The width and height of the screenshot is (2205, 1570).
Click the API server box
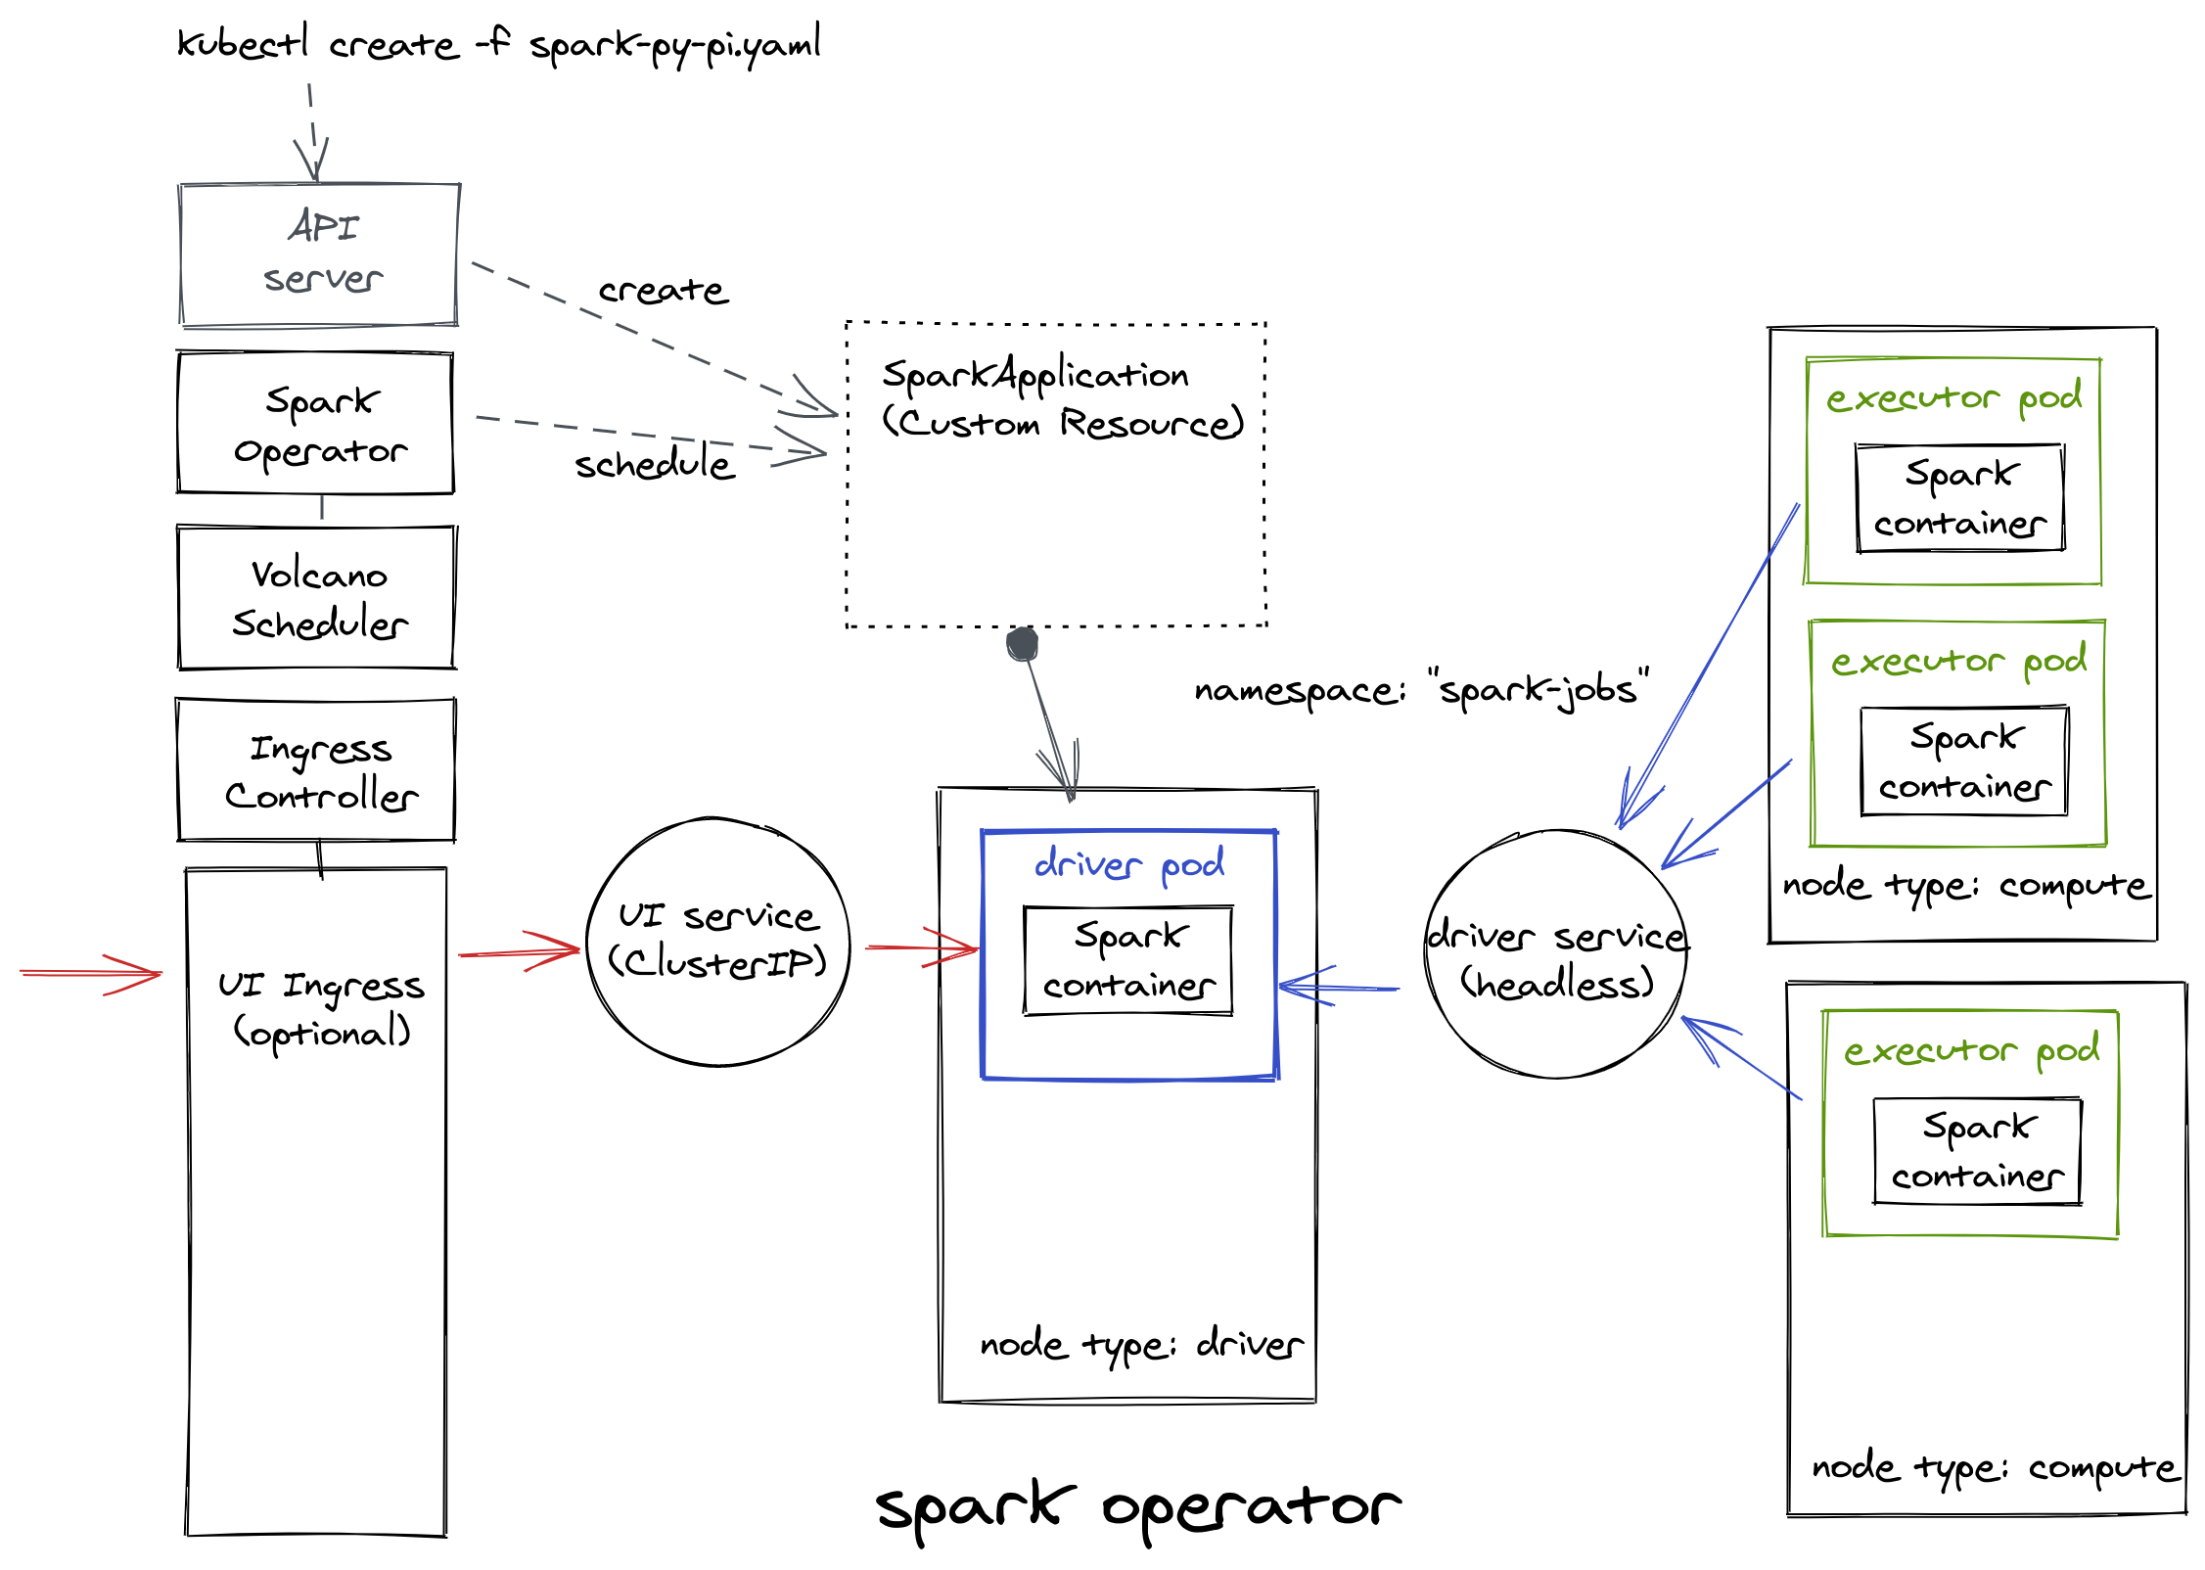point(319,254)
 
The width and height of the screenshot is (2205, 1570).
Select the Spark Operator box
point(316,424)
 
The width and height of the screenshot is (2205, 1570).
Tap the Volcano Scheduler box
point(317,598)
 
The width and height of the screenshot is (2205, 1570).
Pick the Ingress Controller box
point(316,770)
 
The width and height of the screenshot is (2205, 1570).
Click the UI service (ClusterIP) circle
point(717,942)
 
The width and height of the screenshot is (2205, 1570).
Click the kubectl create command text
point(498,45)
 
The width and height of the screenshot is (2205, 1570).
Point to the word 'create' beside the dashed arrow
point(664,291)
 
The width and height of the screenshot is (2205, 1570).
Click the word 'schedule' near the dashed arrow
point(654,464)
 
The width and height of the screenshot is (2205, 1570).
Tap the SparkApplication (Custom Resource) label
point(1061,398)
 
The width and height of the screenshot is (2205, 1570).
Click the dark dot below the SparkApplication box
point(1022,643)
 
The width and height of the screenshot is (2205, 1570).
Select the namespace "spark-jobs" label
point(1421,690)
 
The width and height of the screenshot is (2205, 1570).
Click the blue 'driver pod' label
point(1129,864)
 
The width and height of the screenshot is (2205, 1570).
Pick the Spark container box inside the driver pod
point(1128,961)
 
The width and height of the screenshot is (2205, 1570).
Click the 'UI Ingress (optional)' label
point(321,1008)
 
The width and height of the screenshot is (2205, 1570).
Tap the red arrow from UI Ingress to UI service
point(519,951)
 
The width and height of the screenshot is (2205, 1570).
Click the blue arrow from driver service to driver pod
point(1339,988)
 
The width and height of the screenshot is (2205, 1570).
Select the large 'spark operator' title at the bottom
point(1138,1507)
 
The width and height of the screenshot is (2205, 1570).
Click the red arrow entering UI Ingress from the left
point(90,973)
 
